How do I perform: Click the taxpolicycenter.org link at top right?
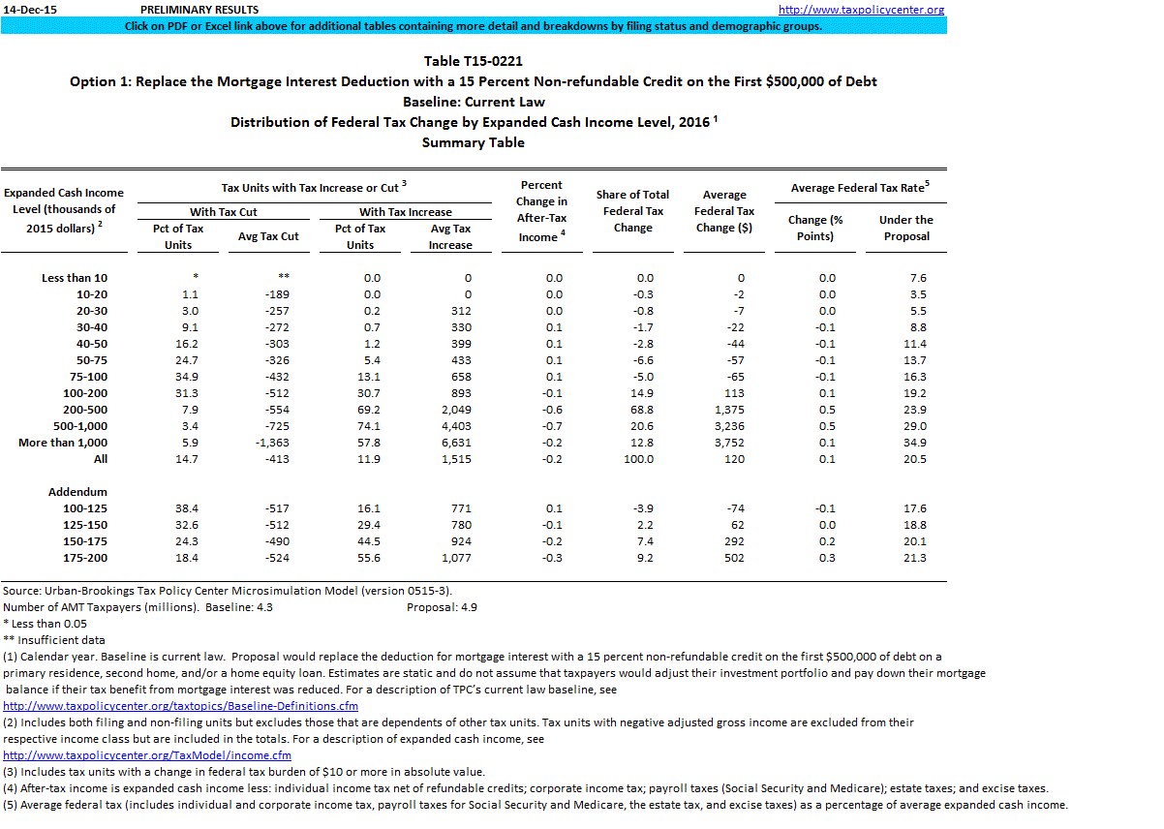[x=861, y=10]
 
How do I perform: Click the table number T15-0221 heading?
[x=474, y=62]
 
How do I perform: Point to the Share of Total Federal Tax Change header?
[x=632, y=211]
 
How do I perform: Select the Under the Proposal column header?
[x=905, y=228]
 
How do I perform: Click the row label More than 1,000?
[x=63, y=443]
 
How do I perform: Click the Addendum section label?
[x=77, y=492]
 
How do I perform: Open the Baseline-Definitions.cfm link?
[x=181, y=706]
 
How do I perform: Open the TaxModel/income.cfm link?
[x=147, y=755]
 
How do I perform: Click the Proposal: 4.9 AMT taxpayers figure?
[x=442, y=607]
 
